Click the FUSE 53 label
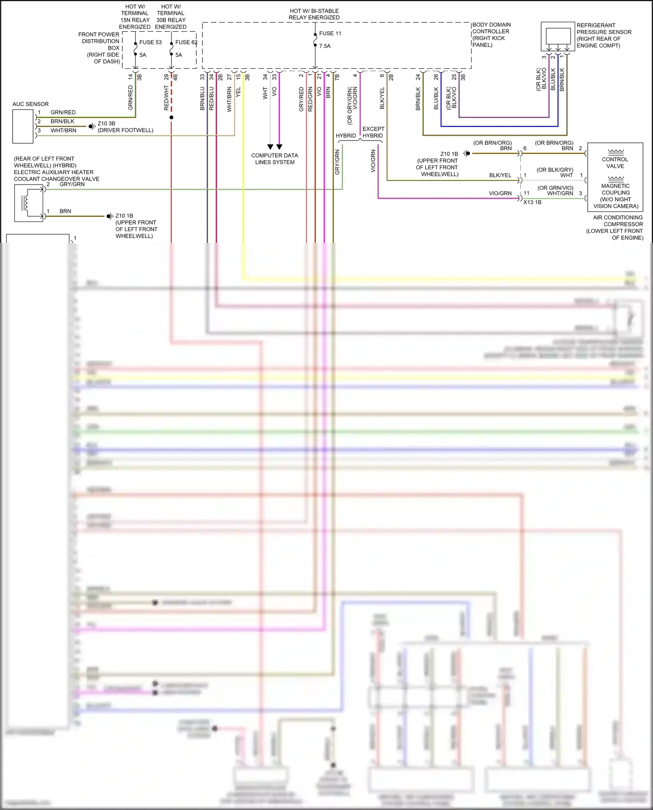click(150, 42)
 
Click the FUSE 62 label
click(186, 42)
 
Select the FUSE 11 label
click(330, 34)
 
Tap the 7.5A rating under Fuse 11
click(325, 46)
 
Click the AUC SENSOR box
click(23, 126)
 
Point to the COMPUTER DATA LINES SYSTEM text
click(275, 159)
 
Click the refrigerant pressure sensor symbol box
click(558, 36)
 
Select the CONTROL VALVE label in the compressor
click(615, 163)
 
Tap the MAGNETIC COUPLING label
click(616, 189)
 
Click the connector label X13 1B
click(532, 202)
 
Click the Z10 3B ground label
click(106, 124)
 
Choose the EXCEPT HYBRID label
click(373, 132)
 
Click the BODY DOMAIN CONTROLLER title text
click(491, 28)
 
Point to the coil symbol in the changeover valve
click(26, 203)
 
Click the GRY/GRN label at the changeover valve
click(72, 185)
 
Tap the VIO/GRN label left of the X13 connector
click(500, 193)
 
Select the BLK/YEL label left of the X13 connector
click(500, 175)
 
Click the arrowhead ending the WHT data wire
click(270, 147)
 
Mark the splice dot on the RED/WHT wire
click(172, 118)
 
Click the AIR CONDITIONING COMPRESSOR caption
click(618, 221)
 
